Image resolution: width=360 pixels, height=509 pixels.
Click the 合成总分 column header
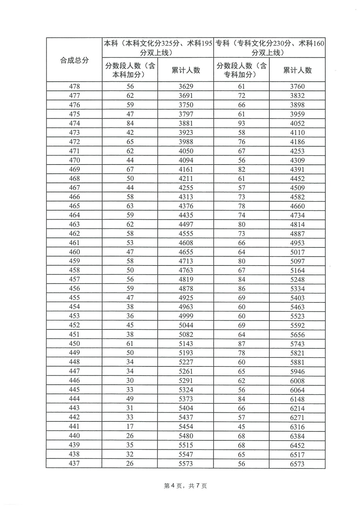[x=74, y=60]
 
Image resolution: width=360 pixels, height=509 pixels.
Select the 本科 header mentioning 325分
[x=158, y=48]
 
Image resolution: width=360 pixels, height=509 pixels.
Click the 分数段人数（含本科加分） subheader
[x=130, y=70]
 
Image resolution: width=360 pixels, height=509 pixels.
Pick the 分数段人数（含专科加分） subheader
[x=242, y=70]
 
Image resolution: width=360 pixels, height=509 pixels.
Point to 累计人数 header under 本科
[x=186, y=70]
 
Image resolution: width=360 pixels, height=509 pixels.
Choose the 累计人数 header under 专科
[x=297, y=70]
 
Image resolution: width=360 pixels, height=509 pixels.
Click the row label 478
[x=74, y=86]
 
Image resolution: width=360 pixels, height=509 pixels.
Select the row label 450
[x=74, y=343]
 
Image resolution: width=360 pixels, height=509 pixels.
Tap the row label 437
[x=74, y=463]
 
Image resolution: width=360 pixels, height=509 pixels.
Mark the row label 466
[x=74, y=197]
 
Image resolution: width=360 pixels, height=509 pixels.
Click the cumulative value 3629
[x=186, y=86]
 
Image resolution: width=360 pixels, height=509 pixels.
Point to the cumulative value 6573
[x=297, y=463]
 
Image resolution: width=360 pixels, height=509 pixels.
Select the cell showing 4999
[x=186, y=316]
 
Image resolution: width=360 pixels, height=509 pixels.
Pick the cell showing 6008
[x=297, y=380]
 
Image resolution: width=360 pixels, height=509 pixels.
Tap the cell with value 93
[x=242, y=123]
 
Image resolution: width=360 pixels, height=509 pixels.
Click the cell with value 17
[x=130, y=426]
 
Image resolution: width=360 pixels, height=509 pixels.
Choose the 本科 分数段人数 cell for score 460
[x=130, y=252]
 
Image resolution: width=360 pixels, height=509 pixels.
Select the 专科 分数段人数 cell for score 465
[x=242, y=206]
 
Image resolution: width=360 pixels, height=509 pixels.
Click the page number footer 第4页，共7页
[x=186, y=486]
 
